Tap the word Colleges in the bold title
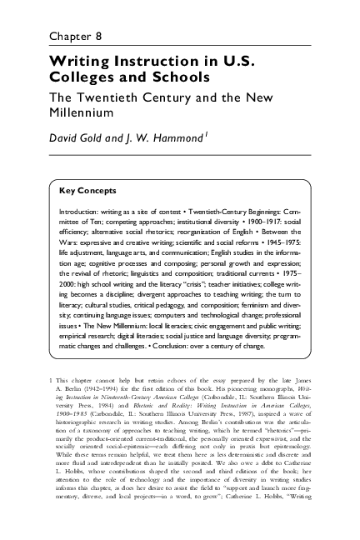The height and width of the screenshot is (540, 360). (81, 78)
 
